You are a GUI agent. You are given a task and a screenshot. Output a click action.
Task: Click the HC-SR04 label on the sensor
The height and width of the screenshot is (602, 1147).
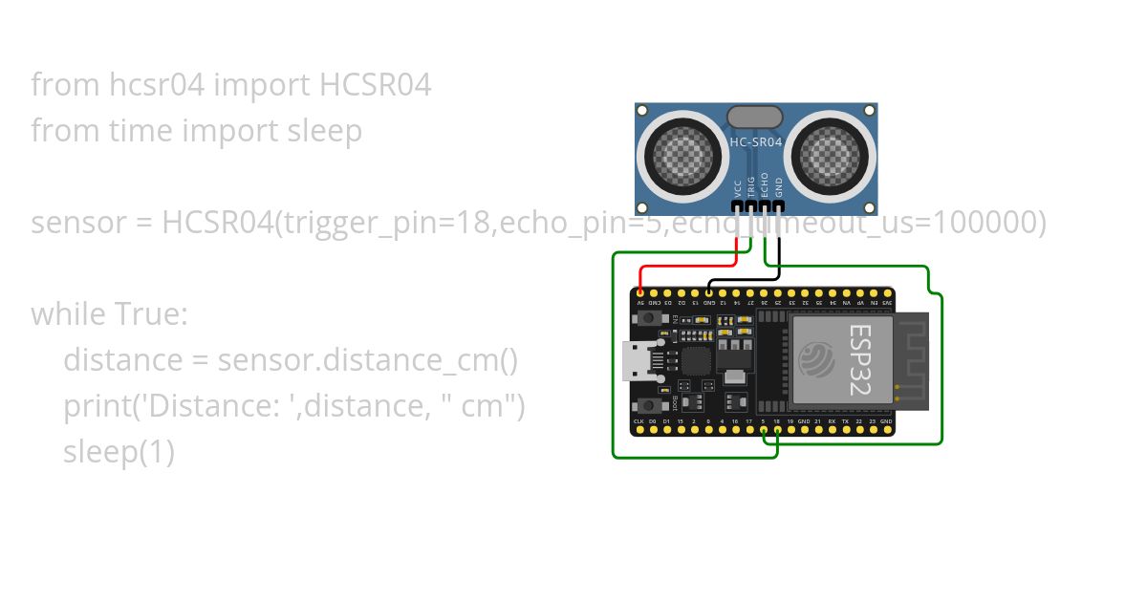[755, 142]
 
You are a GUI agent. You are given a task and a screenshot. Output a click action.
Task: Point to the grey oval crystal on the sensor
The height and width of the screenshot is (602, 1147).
[755, 117]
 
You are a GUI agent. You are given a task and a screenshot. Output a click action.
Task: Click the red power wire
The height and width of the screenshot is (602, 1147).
[693, 266]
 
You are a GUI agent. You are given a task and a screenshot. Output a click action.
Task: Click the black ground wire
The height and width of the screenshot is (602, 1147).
[746, 280]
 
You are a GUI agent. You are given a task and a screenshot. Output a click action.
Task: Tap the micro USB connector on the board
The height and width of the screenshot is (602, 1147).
[633, 360]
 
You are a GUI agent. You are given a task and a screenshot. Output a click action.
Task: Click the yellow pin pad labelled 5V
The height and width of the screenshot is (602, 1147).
[639, 292]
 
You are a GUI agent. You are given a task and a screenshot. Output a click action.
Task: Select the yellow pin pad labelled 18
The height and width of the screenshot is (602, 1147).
[777, 431]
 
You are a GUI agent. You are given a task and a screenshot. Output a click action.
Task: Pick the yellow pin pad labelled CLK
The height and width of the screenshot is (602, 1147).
[638, 431]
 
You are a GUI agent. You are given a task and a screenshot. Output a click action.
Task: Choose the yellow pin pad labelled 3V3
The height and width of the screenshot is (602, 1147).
[888, 292]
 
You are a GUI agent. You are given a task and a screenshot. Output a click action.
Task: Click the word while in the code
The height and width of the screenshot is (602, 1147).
[70, 313]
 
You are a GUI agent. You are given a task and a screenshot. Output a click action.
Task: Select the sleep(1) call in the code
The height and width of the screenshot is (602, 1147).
[119, 452]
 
